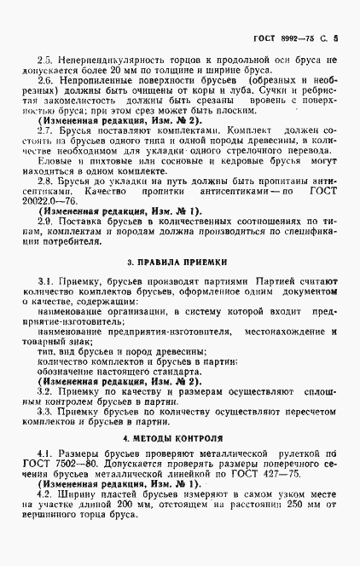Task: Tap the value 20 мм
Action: tap(92, 72)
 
